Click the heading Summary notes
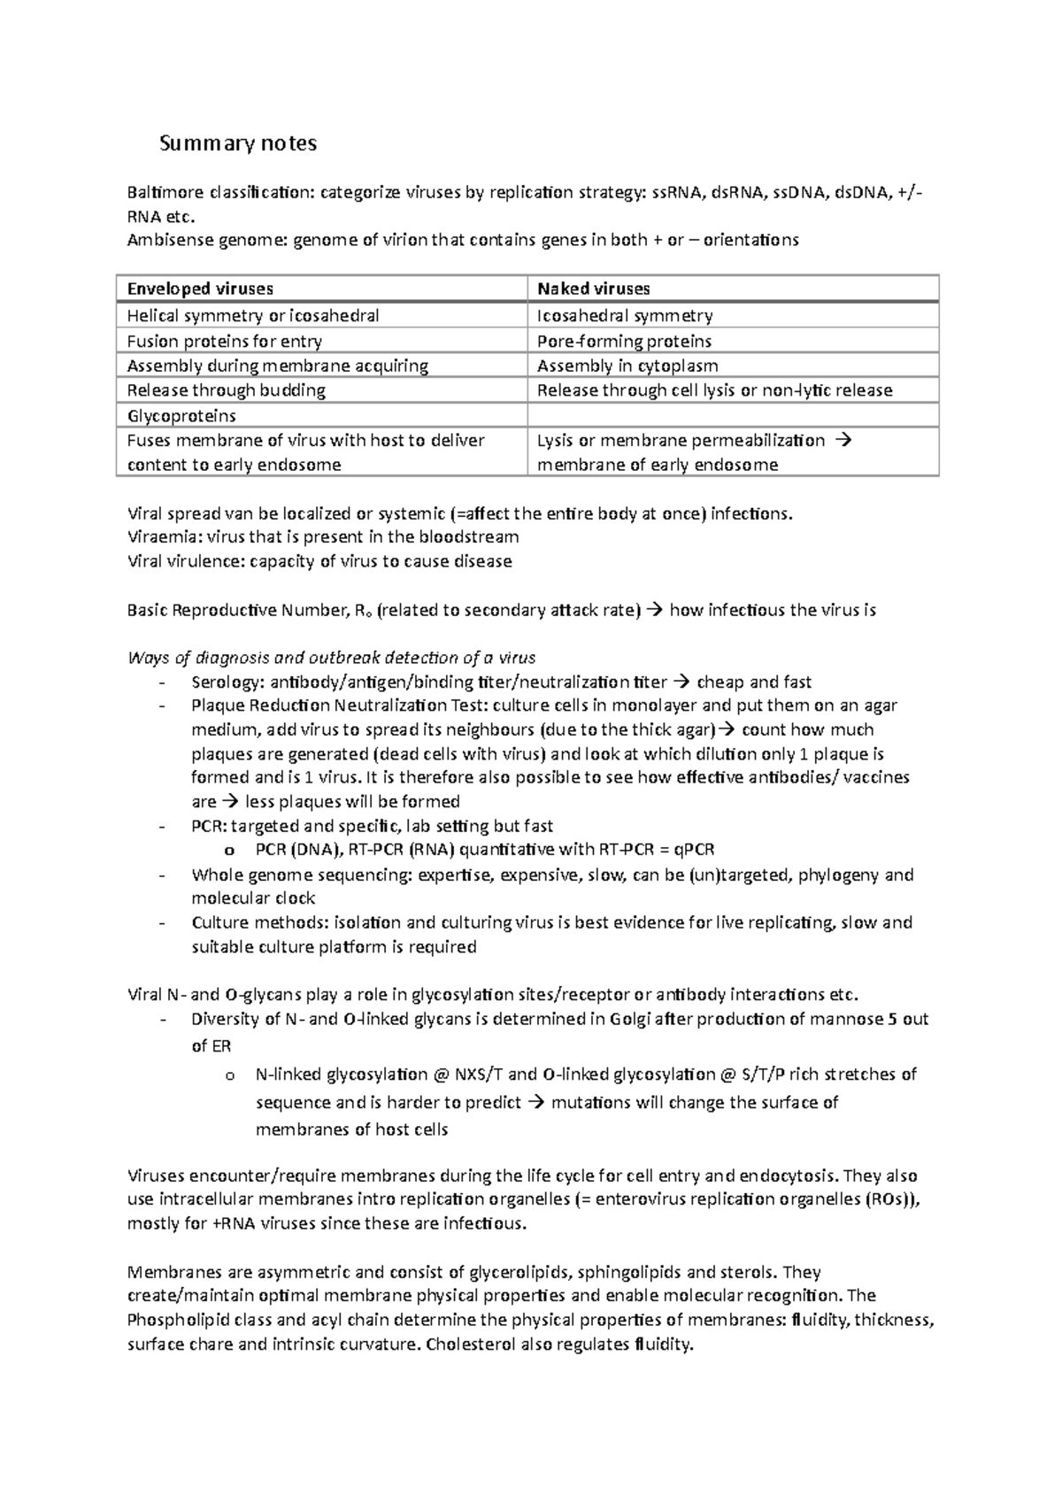click(237, 143)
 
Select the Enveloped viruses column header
click(200, 289)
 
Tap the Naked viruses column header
click(593, 289)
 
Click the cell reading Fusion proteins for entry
click(224, 341)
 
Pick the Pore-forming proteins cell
click(624, 341)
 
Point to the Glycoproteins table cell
click(181, 415)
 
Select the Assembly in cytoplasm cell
click(627, 366)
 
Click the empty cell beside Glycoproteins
click(733, 415)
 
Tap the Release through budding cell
click(226, 390)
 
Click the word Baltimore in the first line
click(160, 193)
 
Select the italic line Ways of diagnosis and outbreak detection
click(332, 657)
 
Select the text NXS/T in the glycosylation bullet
click(481, 1075)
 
